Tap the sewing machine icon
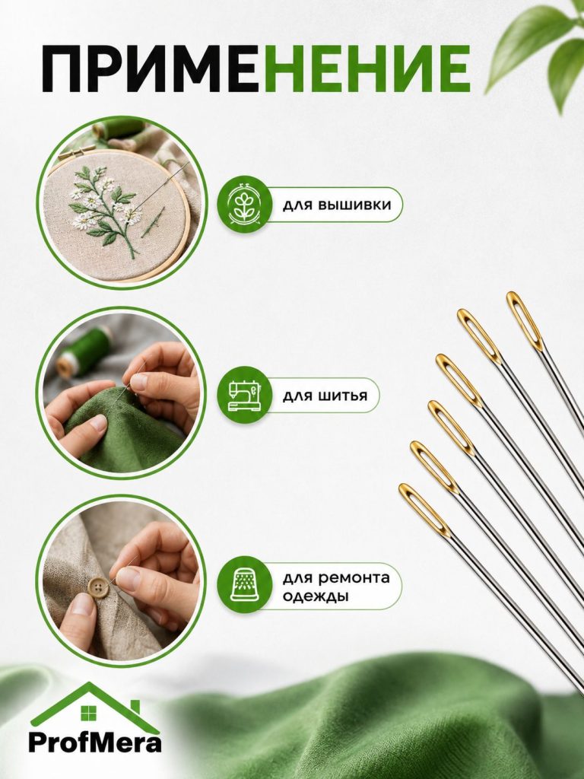(x=244, y=396)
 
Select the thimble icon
(x=244, y=586)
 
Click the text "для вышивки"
(x=337, y=205)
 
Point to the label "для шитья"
(x=325, y=396)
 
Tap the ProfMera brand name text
(x=95, y=743)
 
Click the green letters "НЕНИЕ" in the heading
(x=367, y=68)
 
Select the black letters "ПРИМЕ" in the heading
(x=152, y=68)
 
